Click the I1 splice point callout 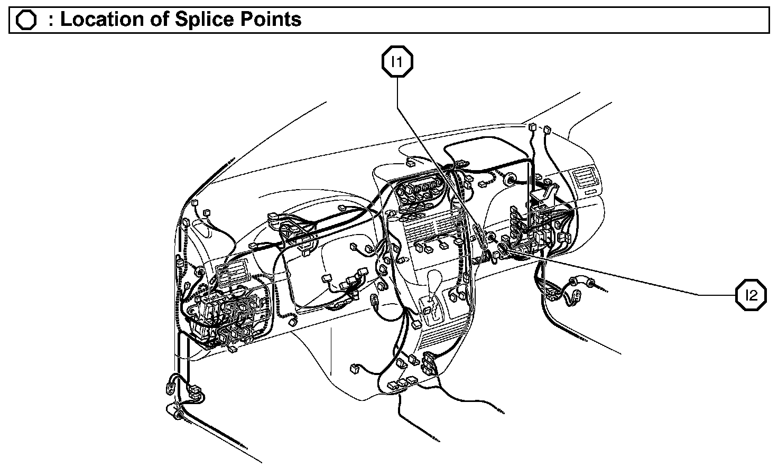(x=397, y=63)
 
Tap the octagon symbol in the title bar (x=26, y=20)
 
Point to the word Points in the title (x=273, y=20)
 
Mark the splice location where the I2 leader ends (x=508, y=249)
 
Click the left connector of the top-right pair (x=531, y=127)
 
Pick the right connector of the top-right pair (x=547, y=128)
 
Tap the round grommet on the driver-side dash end (x=200, y=272)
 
